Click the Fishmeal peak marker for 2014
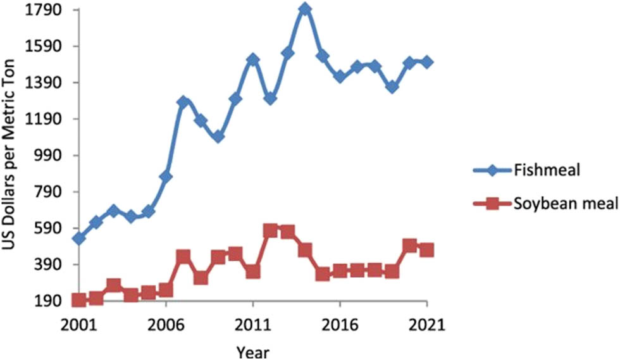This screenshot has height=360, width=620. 305,9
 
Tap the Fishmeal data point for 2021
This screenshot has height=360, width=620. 427,62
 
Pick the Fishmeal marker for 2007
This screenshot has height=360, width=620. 183,102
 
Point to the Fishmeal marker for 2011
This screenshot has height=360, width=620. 253,59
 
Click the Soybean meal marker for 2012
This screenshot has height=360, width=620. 270,230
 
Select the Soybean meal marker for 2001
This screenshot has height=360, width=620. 78,300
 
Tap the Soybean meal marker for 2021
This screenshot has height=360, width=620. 427,250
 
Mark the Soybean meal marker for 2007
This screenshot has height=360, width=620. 183,256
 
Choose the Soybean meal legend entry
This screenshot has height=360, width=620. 556,204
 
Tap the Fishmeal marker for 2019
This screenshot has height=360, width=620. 392,87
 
